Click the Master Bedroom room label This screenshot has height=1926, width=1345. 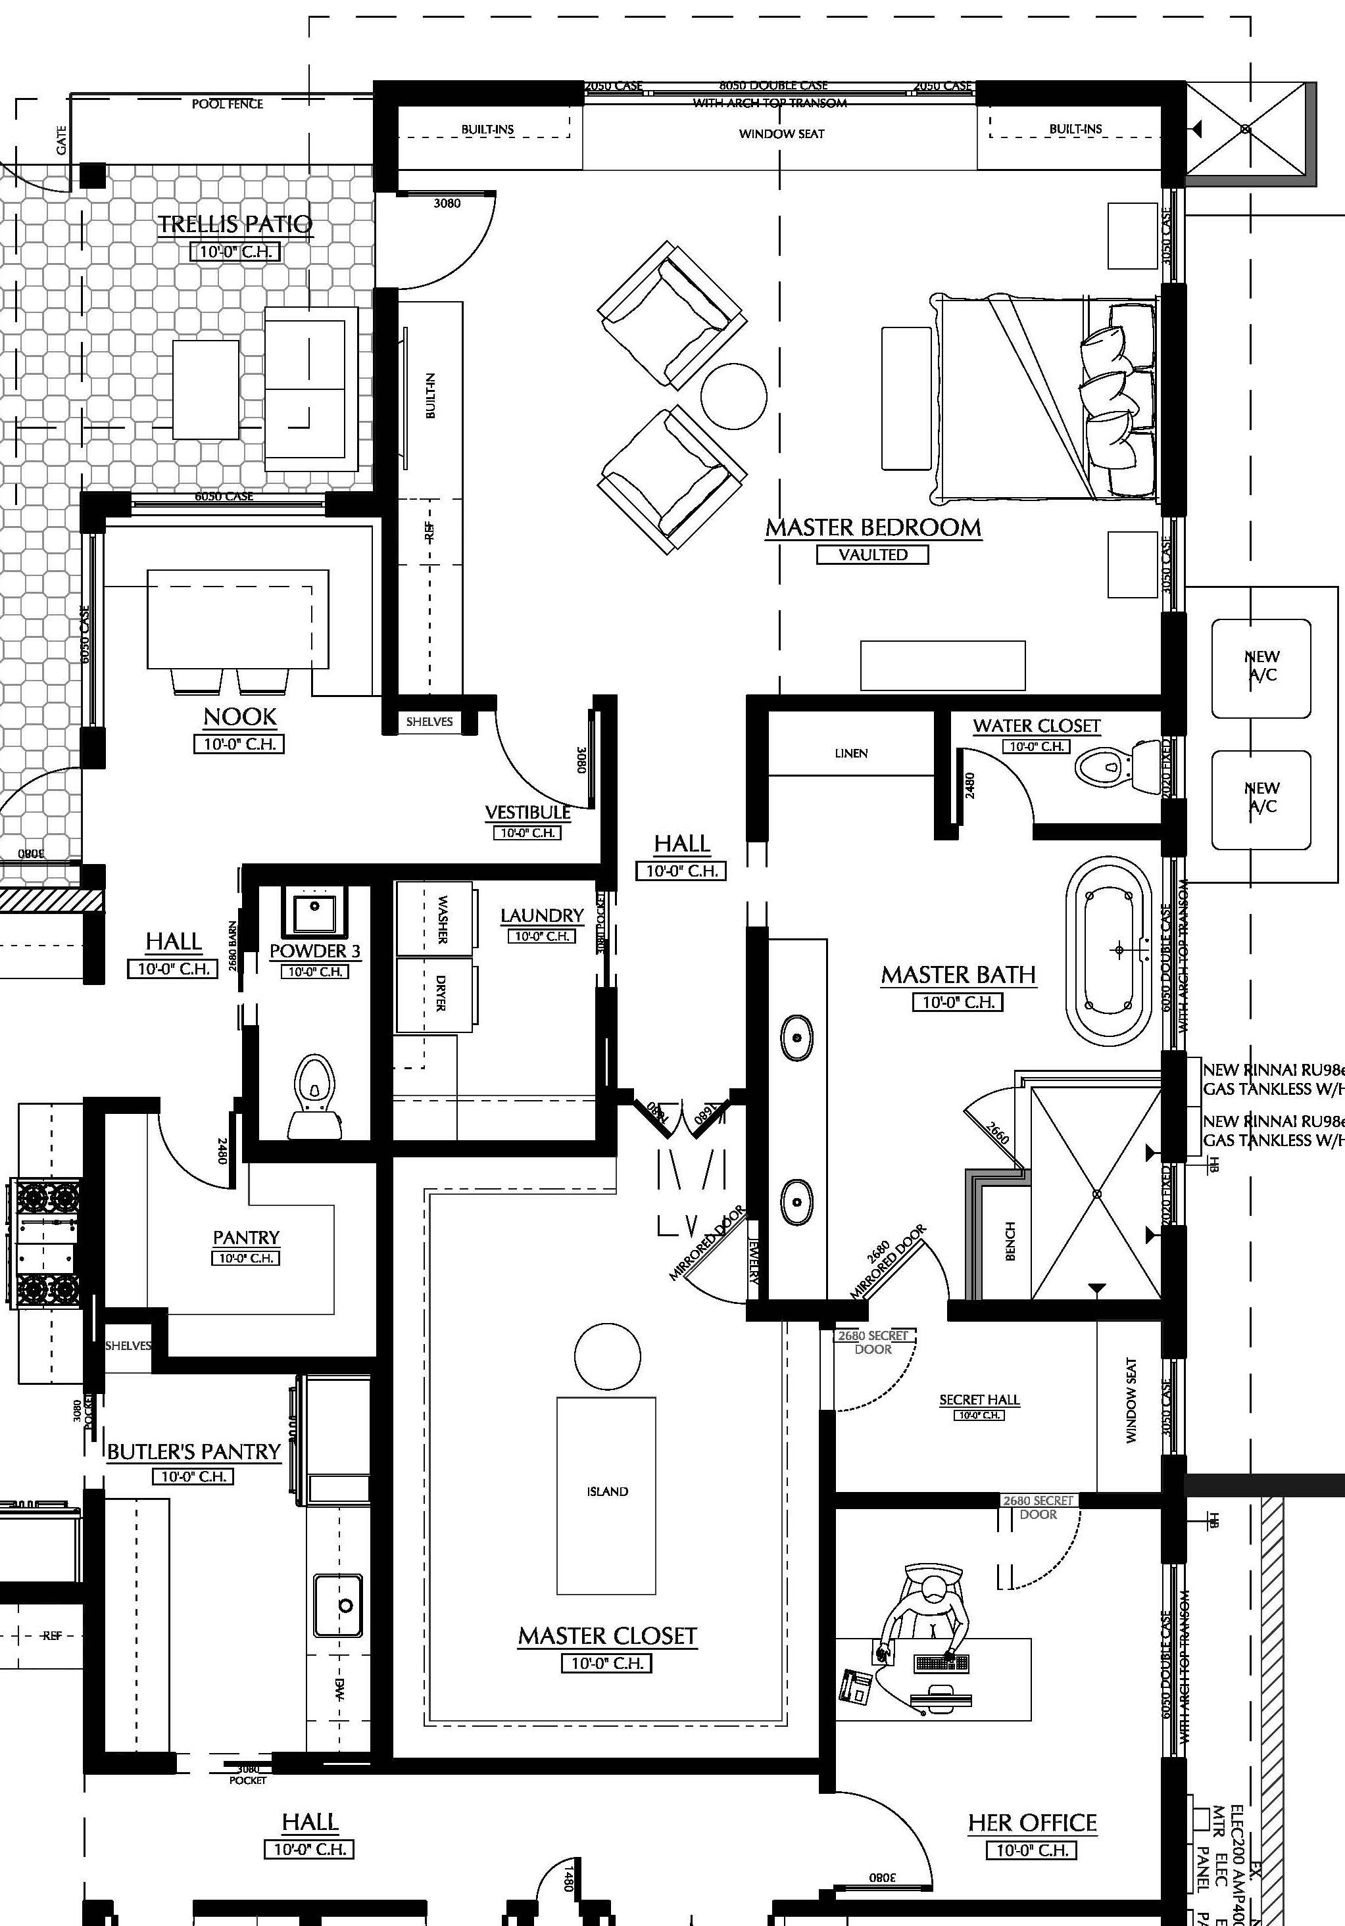873,527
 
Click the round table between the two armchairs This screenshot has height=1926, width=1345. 733,396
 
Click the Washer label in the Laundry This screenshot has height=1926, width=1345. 441,919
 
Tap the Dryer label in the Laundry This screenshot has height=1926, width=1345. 441,992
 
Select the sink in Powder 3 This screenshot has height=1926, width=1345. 314,909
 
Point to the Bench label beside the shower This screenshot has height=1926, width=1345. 1010,1241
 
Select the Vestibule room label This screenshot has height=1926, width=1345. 527,812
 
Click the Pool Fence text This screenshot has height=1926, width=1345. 228,104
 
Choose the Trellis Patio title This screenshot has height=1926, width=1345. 235,224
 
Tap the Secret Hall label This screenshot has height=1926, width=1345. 979,1399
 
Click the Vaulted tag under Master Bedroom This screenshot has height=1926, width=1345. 873,554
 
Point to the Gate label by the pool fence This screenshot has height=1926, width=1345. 62,140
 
